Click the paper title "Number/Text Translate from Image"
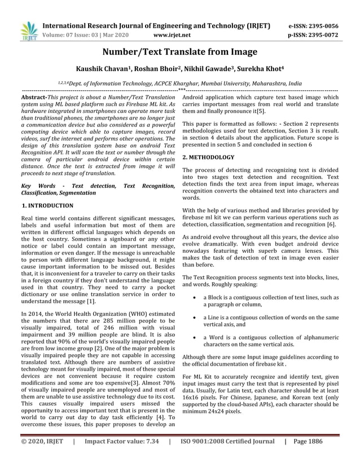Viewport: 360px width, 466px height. [x=179, y=52]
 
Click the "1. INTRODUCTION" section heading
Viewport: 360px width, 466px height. [x=47, y=206]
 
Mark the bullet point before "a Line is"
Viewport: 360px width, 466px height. [x=195, y=318]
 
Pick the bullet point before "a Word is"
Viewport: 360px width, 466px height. [x=195, y=337]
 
